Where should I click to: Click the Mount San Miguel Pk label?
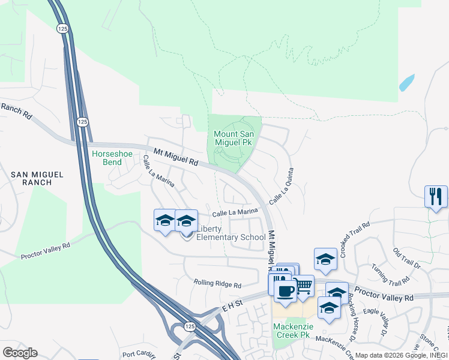point(233,138)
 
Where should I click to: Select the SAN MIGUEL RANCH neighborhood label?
point(37,179)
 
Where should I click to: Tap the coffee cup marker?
point(285,292)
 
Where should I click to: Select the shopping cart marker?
point(304,286)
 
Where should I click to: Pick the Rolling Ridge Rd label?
point(217,283)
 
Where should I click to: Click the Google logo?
point(20,353)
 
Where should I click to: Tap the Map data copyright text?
point(402,355)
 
